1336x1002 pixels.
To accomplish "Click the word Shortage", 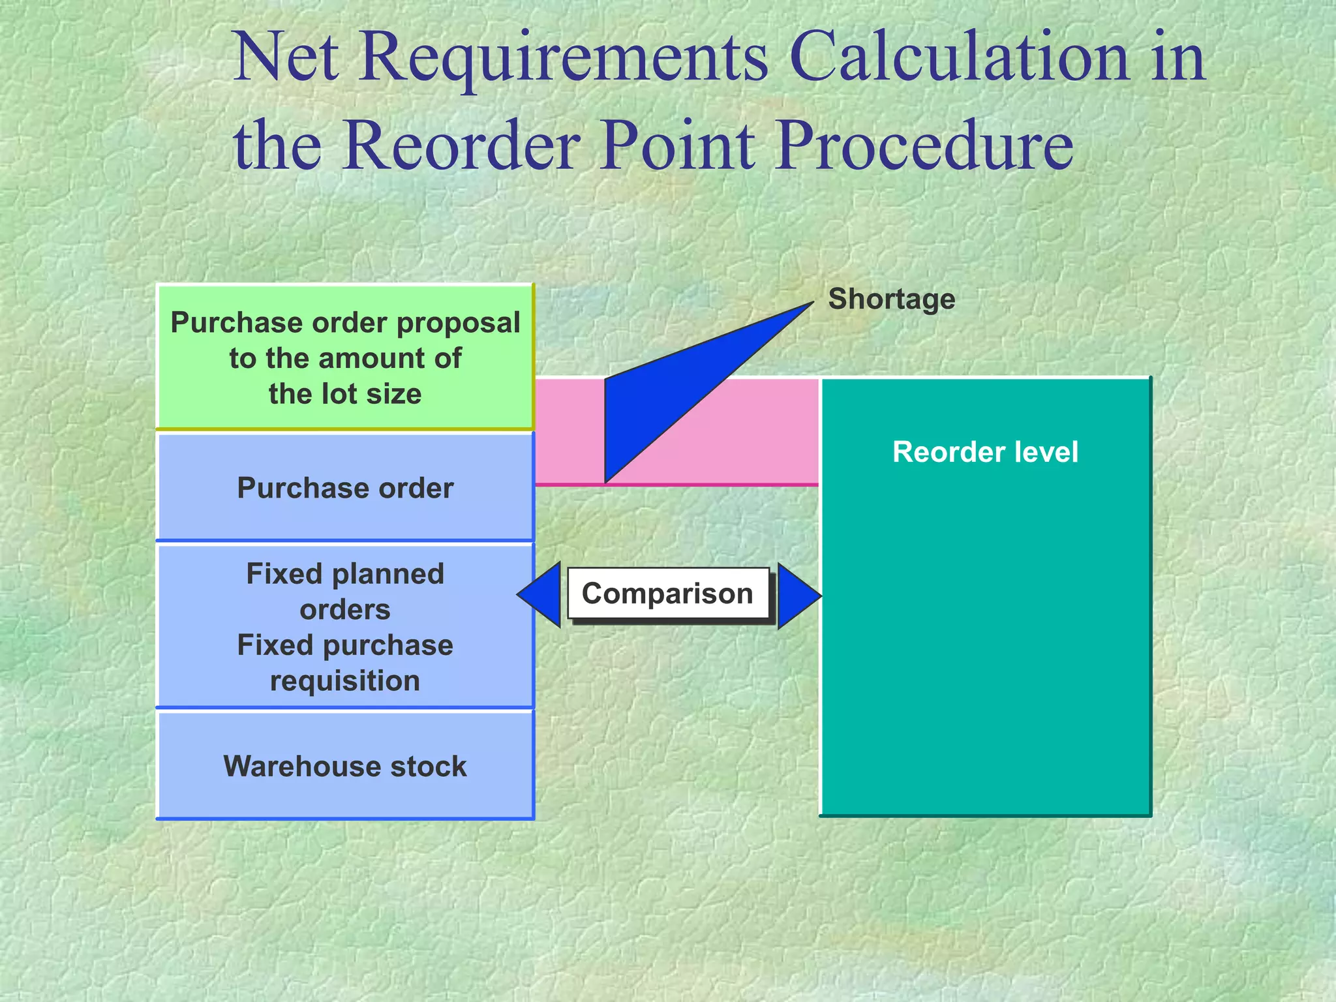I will tap(891, 299).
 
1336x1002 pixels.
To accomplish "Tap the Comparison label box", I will tap(667, 594).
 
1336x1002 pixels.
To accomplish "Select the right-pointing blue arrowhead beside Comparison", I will tap(797, 596).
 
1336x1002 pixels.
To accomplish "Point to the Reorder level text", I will tap(985, 452).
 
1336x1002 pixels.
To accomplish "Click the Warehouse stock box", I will tap(345, 765).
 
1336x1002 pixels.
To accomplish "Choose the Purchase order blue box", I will tap(345, 488).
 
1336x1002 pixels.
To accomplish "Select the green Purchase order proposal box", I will tap(345, 357).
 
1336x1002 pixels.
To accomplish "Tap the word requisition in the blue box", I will tap(345, 681).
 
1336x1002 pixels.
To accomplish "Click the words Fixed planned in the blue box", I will tap(345, 574).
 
